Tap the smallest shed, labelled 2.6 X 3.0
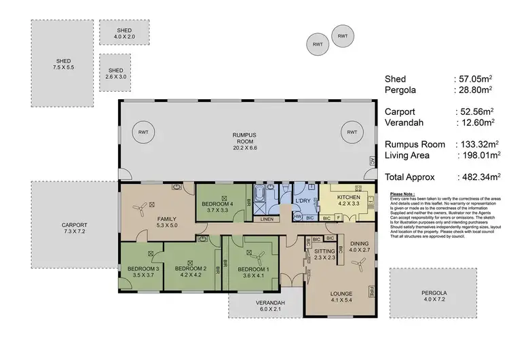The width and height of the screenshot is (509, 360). (116, 73)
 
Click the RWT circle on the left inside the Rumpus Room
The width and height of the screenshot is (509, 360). (143, 132)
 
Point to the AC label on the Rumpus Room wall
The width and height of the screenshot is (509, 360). (372, 162)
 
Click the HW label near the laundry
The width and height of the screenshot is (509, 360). (297, 217)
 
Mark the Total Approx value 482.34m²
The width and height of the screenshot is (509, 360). (478, 177)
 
